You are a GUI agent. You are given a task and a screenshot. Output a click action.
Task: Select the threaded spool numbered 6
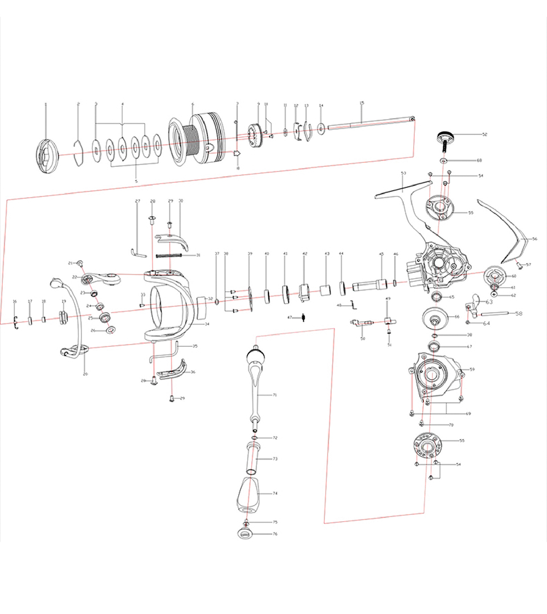click(197, 140)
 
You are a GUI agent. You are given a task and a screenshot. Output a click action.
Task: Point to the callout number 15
click(362, 103)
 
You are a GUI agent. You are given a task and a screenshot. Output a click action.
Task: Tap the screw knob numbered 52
click(446, 137)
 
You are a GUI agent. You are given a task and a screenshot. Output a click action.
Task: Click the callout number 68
click(479, 161)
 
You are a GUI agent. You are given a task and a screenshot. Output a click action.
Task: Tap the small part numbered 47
click(304, 317)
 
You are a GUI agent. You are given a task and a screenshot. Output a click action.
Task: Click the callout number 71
click(274, 395)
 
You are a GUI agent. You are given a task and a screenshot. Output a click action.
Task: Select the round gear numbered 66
click(435, 318)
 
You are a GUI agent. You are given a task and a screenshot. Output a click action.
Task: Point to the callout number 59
click(472, 370)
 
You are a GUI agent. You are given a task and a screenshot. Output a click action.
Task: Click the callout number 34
click(207, 324)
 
